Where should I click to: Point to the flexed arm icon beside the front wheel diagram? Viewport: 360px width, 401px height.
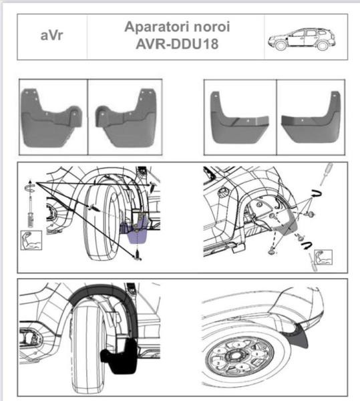pyautogui.click(x=32, y=239)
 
